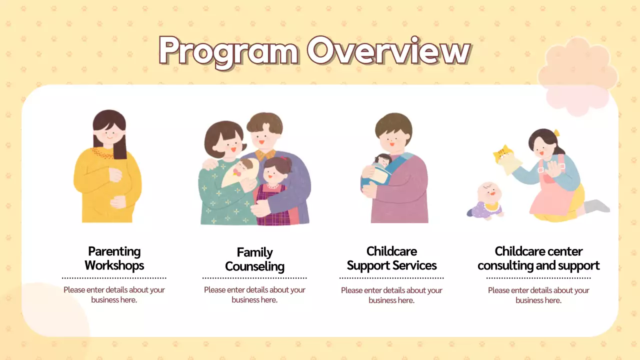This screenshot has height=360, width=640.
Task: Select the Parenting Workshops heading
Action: (114, 258)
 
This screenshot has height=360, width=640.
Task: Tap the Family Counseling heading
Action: (254, 259)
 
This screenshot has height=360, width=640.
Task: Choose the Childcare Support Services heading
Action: (391, 258)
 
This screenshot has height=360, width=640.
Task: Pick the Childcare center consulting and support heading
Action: (538, 258)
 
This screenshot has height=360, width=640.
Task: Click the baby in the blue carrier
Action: (380, 167)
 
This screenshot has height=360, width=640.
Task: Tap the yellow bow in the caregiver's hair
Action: (556, 133)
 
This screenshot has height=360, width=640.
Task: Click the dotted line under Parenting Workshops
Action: (114, 278)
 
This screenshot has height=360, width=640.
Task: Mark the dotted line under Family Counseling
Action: (254, 278)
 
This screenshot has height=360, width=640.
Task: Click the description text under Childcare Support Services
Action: (391, 295)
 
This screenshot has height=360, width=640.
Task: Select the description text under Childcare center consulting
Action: (538, 295)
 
